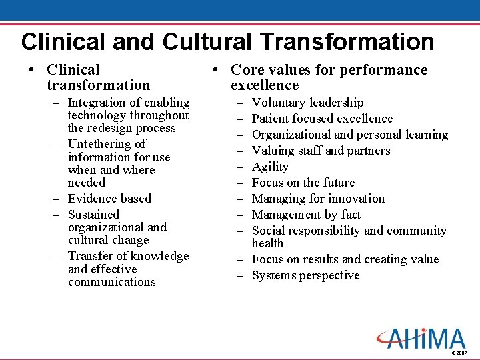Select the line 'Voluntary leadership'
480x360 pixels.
(x=307, y=103)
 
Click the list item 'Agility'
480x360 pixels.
(x=270, y=167)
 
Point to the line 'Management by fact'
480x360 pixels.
(x=306, y=215)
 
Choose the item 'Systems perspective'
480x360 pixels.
(x=305, y=275)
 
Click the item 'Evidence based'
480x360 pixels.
(x=109, y=199)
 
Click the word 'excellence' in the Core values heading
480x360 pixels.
(x=265, y=85)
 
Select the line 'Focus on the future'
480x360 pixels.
(x=303, y=183)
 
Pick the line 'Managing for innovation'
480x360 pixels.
(x=318, y=199)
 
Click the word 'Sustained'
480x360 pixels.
(x=93, y=215)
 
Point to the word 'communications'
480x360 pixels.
(x=111, y=282)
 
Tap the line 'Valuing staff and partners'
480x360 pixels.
(x=321, y=151)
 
